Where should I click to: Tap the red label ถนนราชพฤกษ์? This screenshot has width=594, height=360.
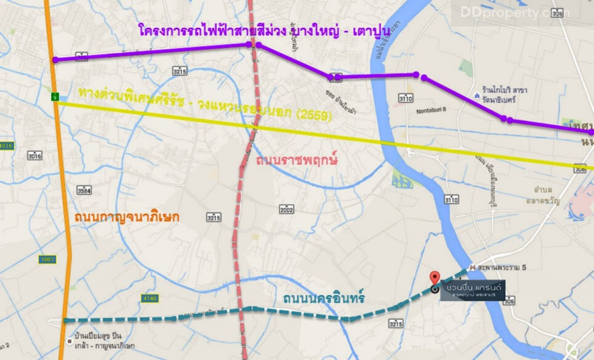tap(296, 159)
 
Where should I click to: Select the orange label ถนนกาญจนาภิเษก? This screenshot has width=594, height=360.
tap(127, 217)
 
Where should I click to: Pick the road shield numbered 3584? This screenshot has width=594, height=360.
tap(84, 190)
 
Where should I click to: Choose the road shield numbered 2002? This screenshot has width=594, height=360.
tap(287, 209)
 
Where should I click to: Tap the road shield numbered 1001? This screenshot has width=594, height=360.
tap(48, 259)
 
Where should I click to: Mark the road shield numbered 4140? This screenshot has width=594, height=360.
tap(148, 298)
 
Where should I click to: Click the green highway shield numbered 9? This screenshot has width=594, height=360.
tap(55, 95)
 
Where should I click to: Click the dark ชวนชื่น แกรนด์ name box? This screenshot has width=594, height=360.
tap(470, 289)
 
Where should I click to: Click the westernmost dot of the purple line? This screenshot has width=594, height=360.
tap(55, 60)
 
